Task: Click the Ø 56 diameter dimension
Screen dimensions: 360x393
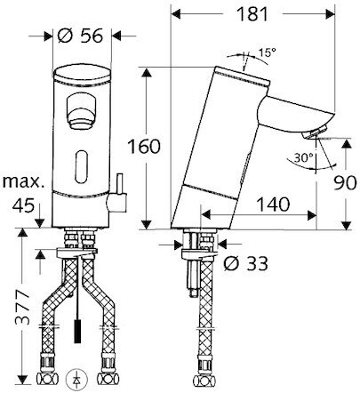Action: point(80,36)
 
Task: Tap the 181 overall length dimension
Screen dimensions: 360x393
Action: point(252,13)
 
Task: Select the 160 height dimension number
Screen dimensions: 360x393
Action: point(144,146)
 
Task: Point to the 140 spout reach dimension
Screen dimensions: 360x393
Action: point(273,205)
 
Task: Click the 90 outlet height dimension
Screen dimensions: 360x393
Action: point(345,183)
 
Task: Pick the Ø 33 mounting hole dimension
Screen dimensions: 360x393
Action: point(245,263)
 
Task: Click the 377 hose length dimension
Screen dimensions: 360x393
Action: point(22,307)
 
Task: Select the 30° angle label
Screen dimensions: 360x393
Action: point(304,157)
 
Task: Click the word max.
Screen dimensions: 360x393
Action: point(23,181)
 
